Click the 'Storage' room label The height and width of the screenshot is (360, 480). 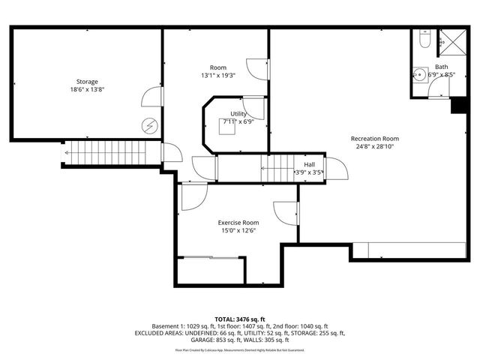87,81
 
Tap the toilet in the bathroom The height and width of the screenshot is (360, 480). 424,43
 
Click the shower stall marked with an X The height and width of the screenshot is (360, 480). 451,42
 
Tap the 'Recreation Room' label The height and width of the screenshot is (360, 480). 374,139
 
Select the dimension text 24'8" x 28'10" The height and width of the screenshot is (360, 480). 374,148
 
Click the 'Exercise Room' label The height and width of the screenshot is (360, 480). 238,223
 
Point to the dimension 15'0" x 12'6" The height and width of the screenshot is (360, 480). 238,232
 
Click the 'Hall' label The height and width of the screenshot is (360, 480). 309,164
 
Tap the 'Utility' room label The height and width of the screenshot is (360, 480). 238,114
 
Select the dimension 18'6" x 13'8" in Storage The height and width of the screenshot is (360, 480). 87,90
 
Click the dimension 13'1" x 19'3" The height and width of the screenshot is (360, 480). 218,76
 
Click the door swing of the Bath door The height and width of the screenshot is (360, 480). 439,88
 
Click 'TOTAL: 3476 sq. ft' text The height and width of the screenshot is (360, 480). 239,319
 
